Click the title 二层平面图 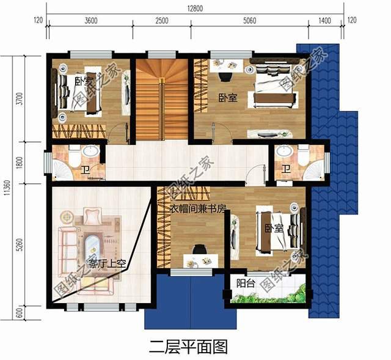point(188,347)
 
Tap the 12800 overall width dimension point(196,7)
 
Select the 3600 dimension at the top point(90,20)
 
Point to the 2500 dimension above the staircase point(161,20)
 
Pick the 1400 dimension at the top point(324,20)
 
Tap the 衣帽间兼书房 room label point(197,208)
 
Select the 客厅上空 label point(107,264)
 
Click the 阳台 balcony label point(245,283)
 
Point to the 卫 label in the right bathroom point(285,169)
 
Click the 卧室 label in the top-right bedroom point(227,97)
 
